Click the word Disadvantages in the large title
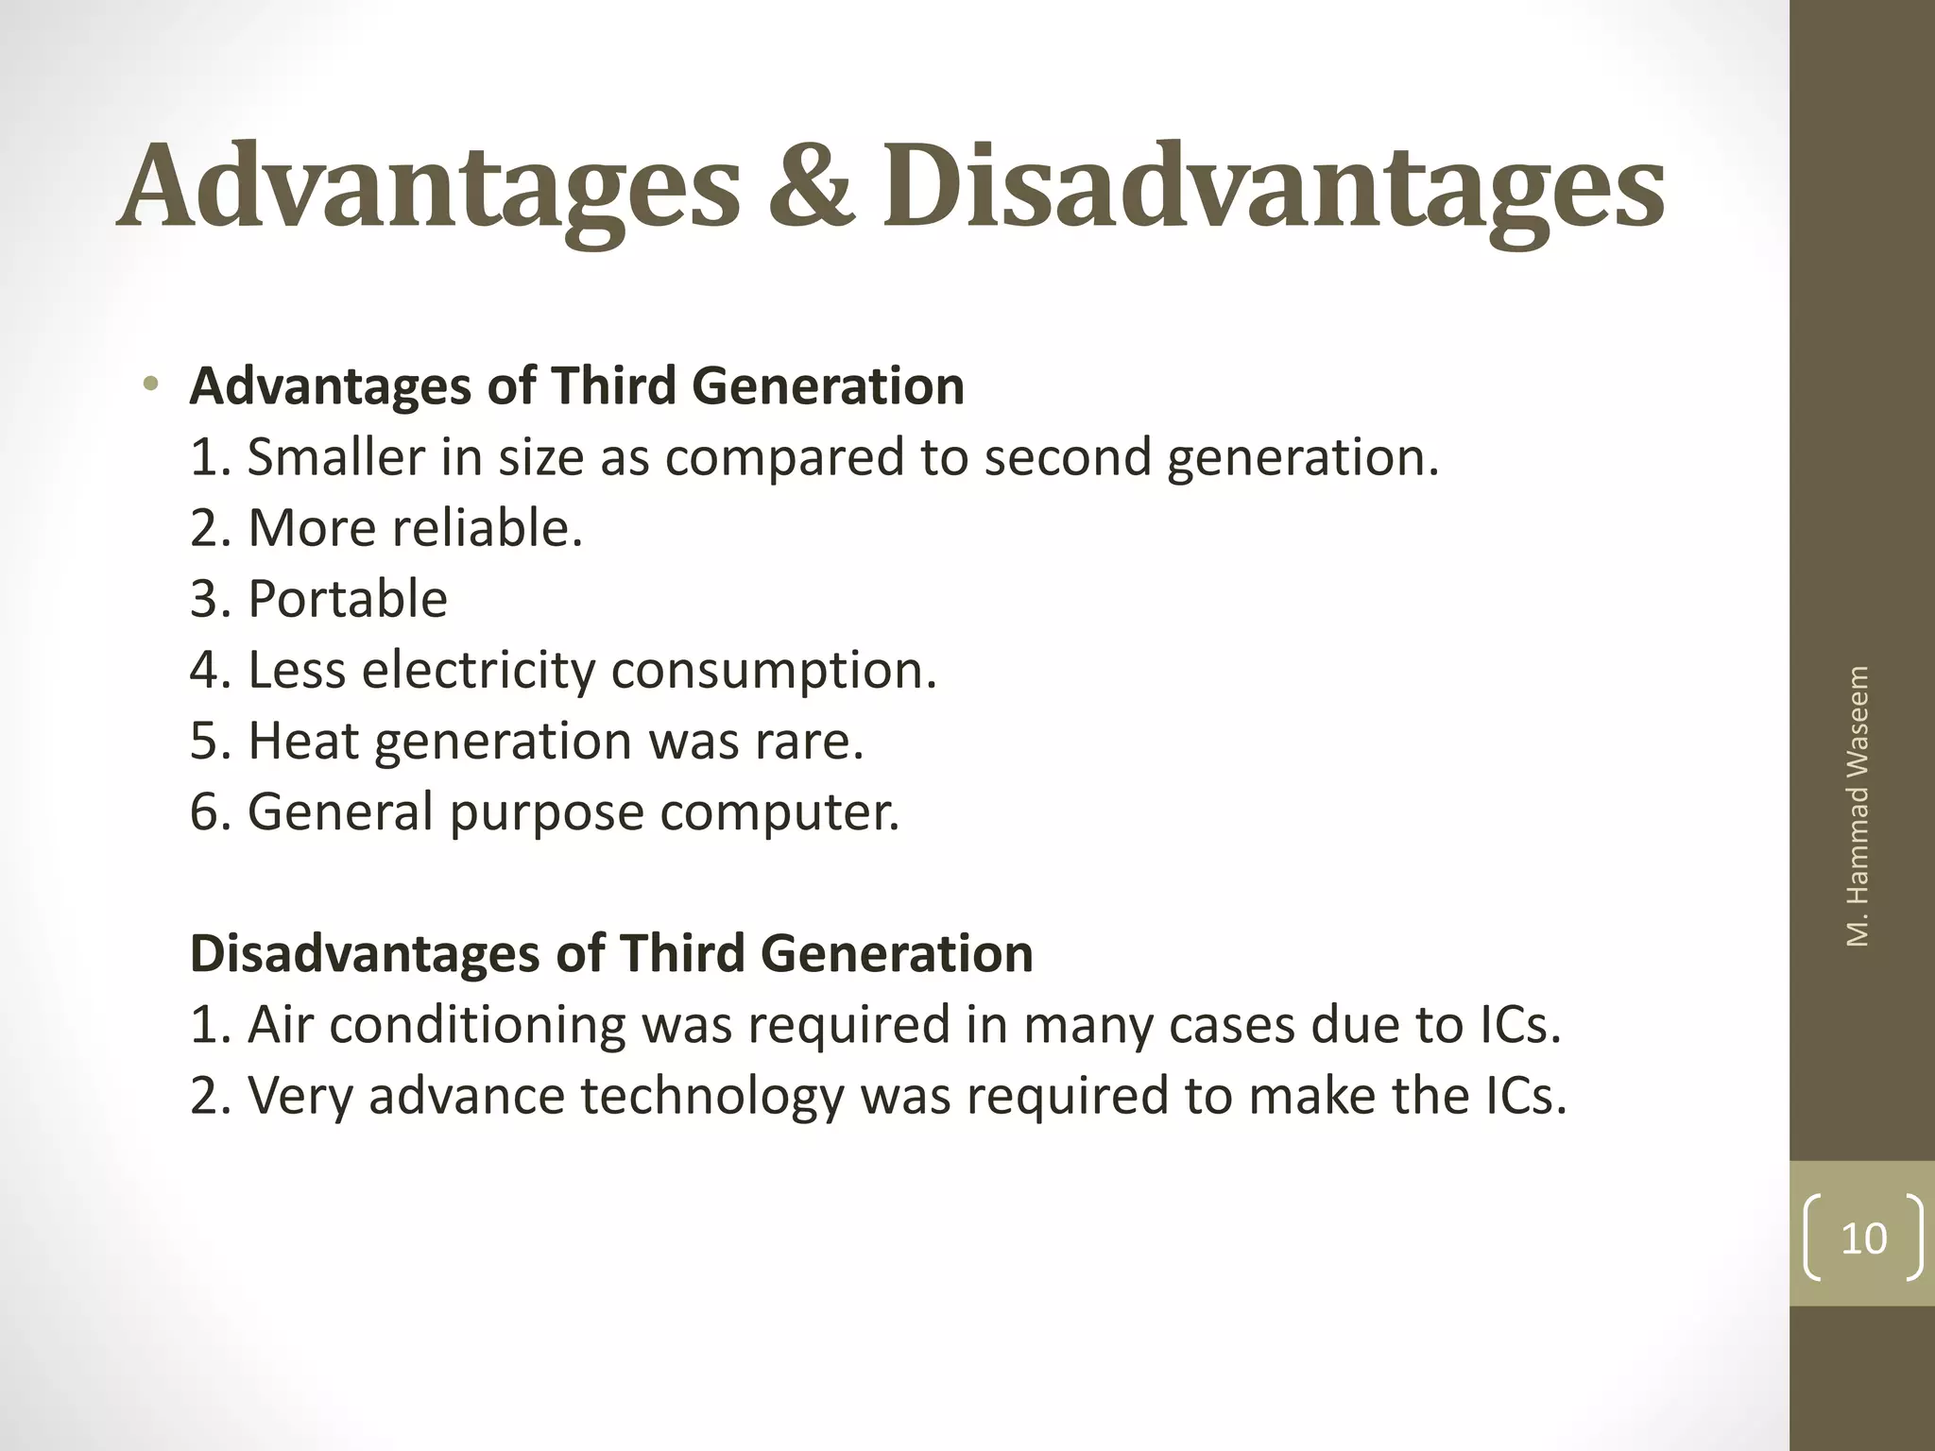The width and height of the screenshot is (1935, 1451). pyautogui.click(x=1272, y=186)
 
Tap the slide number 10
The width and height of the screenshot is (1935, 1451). pyautogui.click(x=1862, y=1238)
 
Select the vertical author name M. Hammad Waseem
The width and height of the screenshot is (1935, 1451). pyautogui.click(x=1858, y=806)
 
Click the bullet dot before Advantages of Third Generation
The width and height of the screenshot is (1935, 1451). pyautogui.click(x=149, y=384)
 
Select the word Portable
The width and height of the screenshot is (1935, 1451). pyautogui.click(x=347, y=599)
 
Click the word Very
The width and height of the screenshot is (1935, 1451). pyautogui.click(x=300, y=1097)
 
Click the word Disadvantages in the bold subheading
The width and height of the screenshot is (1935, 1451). pyautogui.click(x=365, y=953)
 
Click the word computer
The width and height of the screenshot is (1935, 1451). pyautogui.click(x=779, y=812)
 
